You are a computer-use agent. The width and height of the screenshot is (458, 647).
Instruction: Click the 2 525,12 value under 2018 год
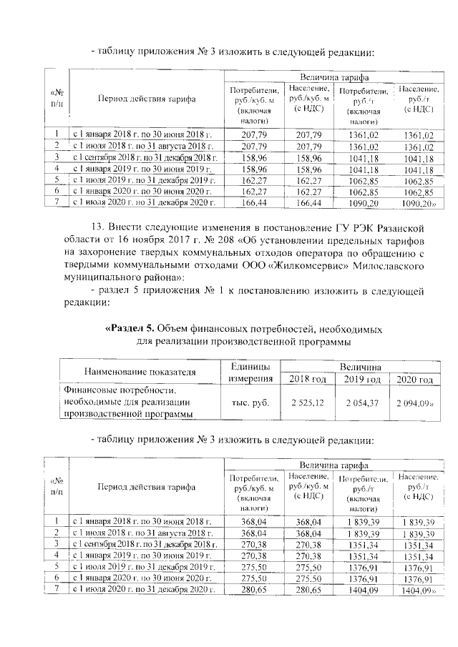(307, 403)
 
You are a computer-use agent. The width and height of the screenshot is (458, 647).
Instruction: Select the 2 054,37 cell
(361, 403)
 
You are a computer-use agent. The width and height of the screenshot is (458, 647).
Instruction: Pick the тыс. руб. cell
(250, 403)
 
